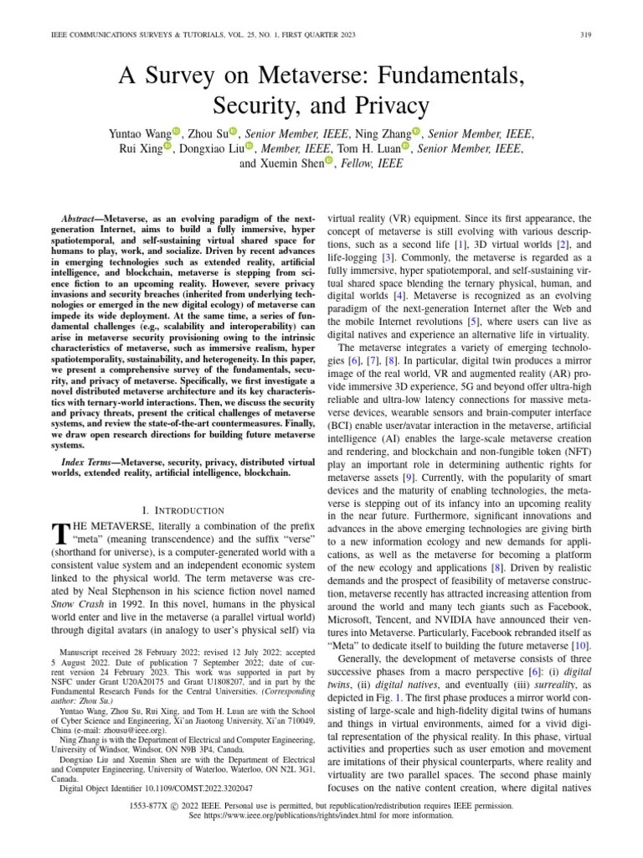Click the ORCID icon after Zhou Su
[234, 132]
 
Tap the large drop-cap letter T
[59, 534]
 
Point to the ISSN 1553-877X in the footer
[153, 804]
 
